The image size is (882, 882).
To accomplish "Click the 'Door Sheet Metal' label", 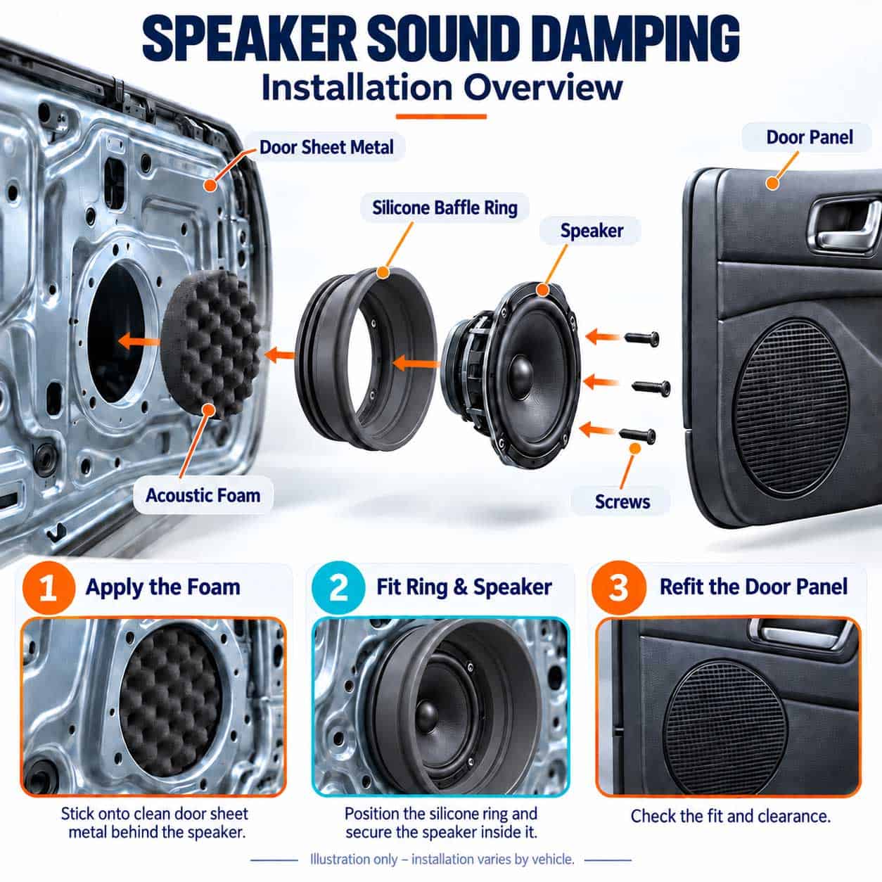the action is (x=326, y=148).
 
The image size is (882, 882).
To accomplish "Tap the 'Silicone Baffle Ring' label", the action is (x=445, y=207).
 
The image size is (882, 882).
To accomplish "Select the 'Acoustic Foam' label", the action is (x=203, y=495).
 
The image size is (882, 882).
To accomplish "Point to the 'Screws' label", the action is (x=622, y=501).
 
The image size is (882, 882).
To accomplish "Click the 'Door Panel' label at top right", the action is (x=810, y=137).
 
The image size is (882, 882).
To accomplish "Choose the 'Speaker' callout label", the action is (x=592, y=231).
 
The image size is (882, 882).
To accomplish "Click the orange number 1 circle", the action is (x=48, y=588).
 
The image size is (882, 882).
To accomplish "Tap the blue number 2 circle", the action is (x=338, y=588).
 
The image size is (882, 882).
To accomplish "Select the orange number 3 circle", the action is (x=618, y=588).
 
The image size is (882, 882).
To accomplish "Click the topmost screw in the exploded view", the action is (x=642, y=338).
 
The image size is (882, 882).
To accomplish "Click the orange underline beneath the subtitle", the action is (x=441, y=117).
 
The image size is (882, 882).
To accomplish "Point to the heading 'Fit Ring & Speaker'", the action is (x=464, y=587).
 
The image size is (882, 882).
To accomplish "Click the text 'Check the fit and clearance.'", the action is (x=731, y=816).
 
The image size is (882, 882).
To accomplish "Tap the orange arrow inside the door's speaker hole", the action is (x=139, y=341).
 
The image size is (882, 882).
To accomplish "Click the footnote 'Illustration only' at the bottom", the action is (x=353, y=859).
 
